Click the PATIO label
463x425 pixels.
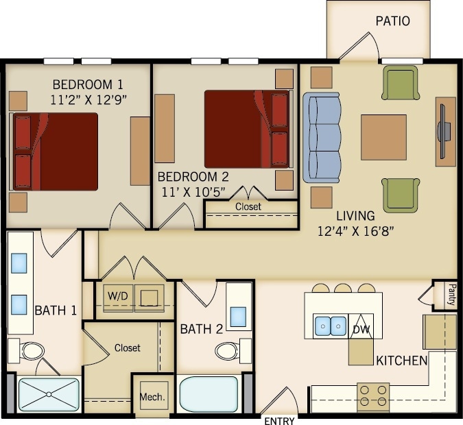pos(392,21)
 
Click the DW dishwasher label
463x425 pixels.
pos(361,329)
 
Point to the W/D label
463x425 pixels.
pos(118,296)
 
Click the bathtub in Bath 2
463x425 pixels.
pos(209,393)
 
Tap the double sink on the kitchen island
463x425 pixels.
pos(330,326)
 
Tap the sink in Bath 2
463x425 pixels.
pos(239,316)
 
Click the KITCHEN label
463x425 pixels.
pos(401,361)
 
